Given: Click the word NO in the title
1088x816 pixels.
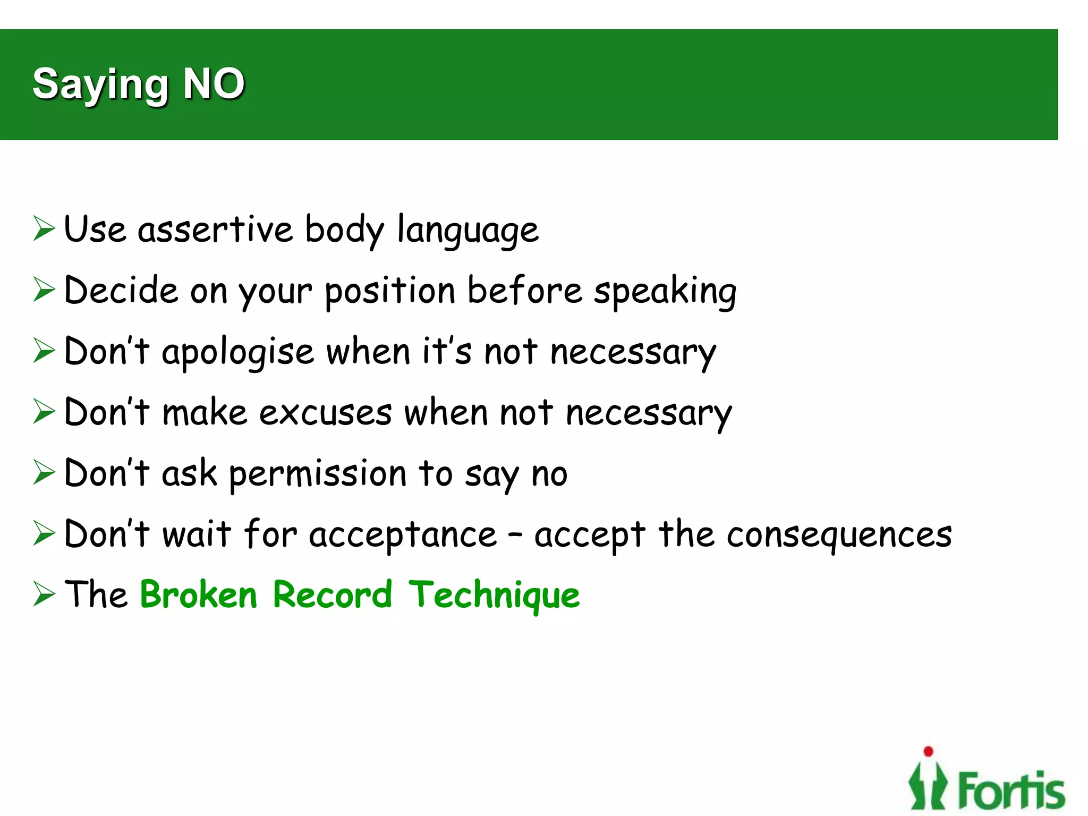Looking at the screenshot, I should click(x=214, y=84).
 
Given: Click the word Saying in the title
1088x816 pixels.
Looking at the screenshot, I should click(x=100, y=85).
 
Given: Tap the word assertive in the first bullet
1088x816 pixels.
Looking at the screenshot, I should click(x=215, y=229).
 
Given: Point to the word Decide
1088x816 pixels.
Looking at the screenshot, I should click(x=121, y=291).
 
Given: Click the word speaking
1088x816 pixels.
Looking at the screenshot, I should click(x=665, y=292).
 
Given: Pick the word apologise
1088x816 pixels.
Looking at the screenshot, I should click(x=238, y=353).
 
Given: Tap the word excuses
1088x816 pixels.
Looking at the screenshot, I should click(x=326, y=413).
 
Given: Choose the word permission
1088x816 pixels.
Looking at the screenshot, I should click(x=318, y=474).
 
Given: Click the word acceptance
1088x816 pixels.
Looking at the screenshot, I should click(x=403, y=534).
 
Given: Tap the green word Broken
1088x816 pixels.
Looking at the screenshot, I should click(x=199, y=594).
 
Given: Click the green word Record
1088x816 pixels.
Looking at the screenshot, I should click(x=333, y=594).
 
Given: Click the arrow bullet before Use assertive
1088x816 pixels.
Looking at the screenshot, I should click(x=44, y=228).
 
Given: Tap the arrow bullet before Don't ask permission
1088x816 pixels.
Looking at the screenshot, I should click(x=44, y=472).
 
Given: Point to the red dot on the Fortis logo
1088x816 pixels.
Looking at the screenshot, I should click(x=929, y=751).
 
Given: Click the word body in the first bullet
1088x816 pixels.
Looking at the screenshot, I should click(x=344, y=230).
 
